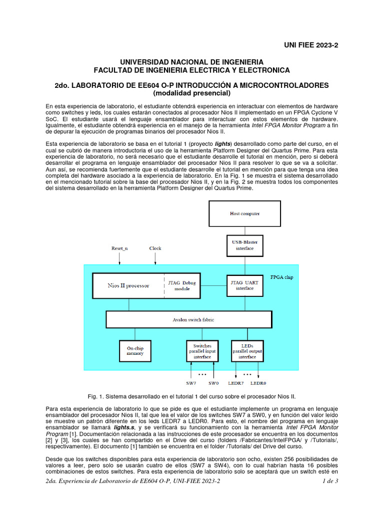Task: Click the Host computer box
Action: (x=244, y=214)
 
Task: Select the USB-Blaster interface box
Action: (x=244, y=245)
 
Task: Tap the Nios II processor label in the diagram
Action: (x=128, y=285)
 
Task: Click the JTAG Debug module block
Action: (x=182, y=285)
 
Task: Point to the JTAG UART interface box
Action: (x=244, y=285)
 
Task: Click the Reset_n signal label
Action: (x=119, y=248)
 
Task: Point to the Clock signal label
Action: (x=155, y=248)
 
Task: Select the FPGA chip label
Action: (x=281, y=277)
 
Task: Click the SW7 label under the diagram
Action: (x=191, y=383)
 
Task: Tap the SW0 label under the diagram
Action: (x=213, y=383)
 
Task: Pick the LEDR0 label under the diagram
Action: (x=258, y=383)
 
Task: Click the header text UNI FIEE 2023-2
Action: (x=311, y=45)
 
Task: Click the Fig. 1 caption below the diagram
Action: (x=191, y=396)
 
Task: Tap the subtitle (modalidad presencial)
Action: (x=191, y=93)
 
